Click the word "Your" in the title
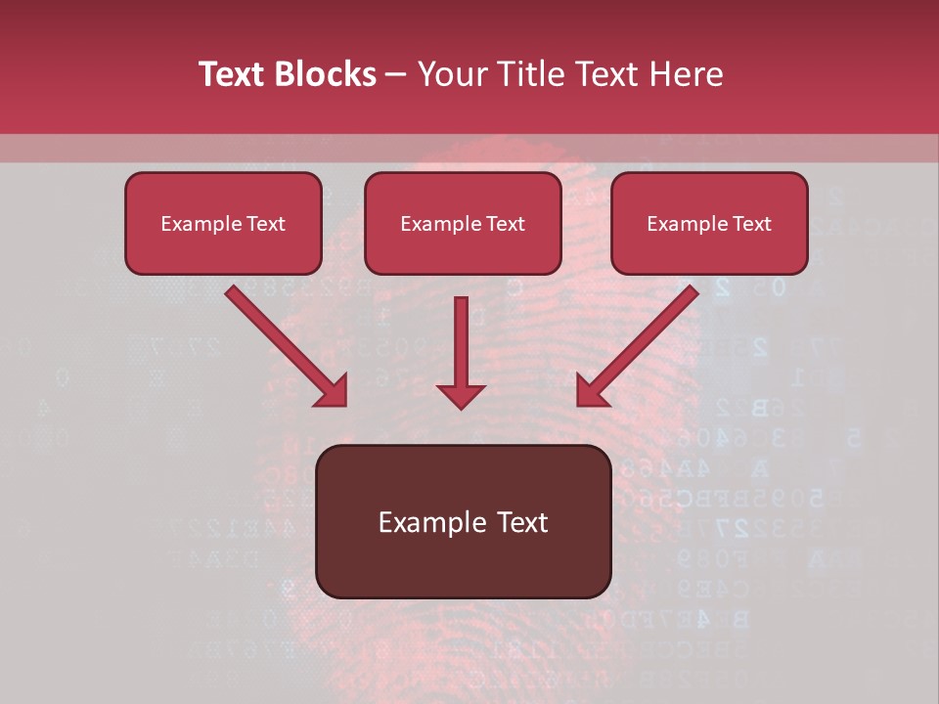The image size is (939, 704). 454,74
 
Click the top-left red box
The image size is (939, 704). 223,224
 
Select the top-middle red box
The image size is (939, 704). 463,224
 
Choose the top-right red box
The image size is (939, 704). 709,224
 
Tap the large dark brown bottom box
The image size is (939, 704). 463,522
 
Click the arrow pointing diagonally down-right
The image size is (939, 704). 284,342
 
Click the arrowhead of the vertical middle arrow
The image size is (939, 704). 462,394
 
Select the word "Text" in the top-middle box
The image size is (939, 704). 505,224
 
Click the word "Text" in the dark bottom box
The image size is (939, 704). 521,522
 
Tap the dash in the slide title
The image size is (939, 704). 397,74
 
